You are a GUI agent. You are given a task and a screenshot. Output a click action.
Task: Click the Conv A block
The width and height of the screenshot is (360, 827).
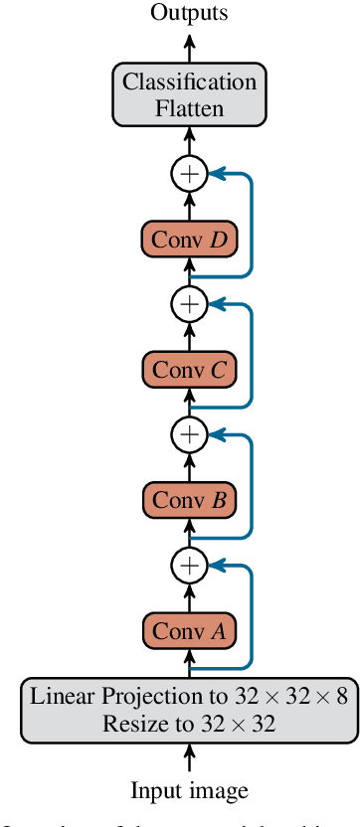tap(189, 630)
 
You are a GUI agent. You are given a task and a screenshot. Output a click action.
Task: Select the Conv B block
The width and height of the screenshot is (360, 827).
tap(189, 500)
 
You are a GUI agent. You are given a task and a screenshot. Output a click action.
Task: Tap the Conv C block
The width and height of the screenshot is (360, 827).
tap(189, 370)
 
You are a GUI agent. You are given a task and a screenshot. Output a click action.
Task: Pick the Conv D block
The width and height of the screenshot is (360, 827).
tap(189, 240)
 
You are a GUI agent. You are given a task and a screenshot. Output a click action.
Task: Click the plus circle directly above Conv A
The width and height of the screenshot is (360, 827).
tap(189, 566)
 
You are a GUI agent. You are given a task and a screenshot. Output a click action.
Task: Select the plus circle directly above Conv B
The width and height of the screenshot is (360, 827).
tap(189, 434)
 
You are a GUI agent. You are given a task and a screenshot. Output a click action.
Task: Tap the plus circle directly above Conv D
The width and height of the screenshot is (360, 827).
tap(189, 174)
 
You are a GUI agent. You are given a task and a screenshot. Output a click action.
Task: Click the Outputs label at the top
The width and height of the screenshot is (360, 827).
tap(189, 13)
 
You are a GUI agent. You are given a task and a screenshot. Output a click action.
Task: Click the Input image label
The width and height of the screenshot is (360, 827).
tap(189, 790)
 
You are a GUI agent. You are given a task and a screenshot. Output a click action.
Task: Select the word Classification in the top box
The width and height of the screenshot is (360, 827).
tap(189, 82)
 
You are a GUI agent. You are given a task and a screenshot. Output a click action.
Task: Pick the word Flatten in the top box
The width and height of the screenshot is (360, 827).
tap(189, 108)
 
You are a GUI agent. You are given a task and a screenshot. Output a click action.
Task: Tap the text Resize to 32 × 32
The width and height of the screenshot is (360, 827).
tap(189, 724)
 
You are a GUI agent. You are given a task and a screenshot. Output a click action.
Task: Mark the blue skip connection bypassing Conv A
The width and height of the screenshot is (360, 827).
tap(252, 616)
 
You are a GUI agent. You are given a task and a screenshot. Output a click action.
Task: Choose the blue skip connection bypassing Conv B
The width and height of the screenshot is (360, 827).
tap(252, 486)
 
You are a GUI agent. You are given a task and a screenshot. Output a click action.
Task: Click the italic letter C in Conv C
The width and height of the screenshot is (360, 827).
tap(219, 370)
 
